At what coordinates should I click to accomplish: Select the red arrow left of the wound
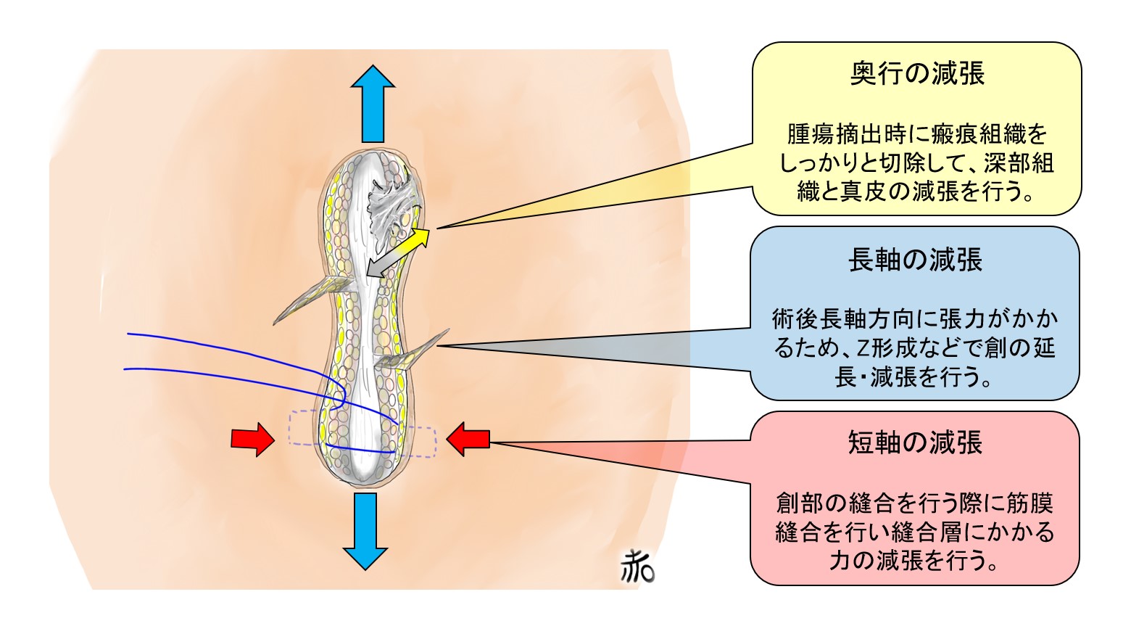tap(252, 440)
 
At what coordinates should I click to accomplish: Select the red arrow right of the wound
tap(468, 440)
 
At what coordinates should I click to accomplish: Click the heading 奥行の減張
tap(916, 74)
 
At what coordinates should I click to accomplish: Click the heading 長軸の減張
tap(915, 260)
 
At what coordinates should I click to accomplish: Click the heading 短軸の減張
tap(915, 442)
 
